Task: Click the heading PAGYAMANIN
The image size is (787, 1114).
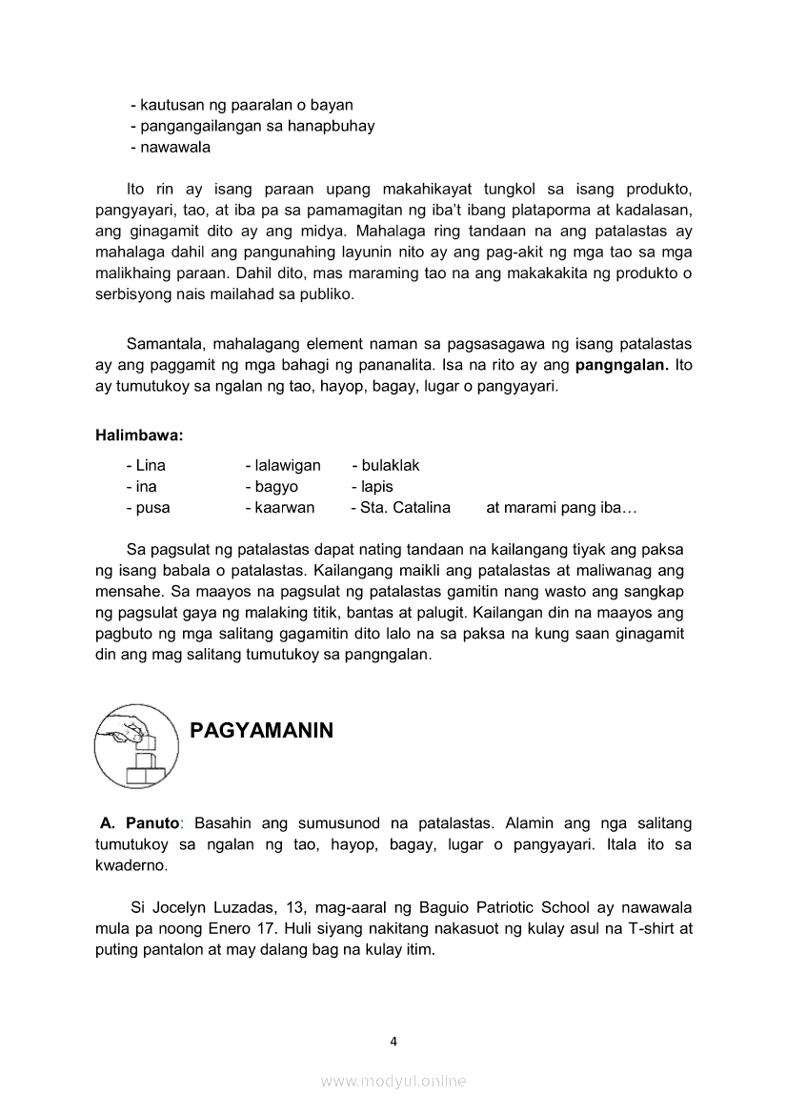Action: coord(262,731)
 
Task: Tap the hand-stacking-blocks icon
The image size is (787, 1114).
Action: coord(136,746)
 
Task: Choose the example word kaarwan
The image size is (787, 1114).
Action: coord(284,508)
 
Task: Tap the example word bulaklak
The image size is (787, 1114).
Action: coord(391,466)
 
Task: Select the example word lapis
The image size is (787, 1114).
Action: coord(377,487)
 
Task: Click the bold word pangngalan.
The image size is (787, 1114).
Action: coord(621,366)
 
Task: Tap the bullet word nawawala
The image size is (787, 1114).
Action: coord(175,148)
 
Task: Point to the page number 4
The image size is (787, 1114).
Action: coord(393,1042)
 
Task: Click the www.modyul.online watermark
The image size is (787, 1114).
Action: coord(393,1081)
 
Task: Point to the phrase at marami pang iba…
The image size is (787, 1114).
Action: coord(561,508)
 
